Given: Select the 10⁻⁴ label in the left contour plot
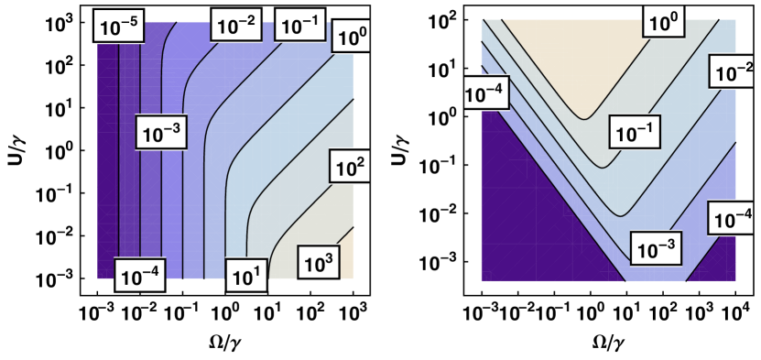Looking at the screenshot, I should (x=140, y=276).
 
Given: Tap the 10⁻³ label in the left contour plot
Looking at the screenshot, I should (x=160, y=134).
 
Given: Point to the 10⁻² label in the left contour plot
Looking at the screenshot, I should (x=235, y=25).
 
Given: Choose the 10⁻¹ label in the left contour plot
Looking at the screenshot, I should (x=300, y=26).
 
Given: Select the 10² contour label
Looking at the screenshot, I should (x=351, y=166).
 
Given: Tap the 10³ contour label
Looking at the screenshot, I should (x=318, y=265).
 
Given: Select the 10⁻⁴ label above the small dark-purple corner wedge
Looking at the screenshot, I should (x=733, y=219).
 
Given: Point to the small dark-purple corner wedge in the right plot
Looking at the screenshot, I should (x=719, y=266).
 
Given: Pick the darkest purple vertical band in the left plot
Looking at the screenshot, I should (x=108, y=156).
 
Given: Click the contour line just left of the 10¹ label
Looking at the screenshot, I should (x=221, y=266).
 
